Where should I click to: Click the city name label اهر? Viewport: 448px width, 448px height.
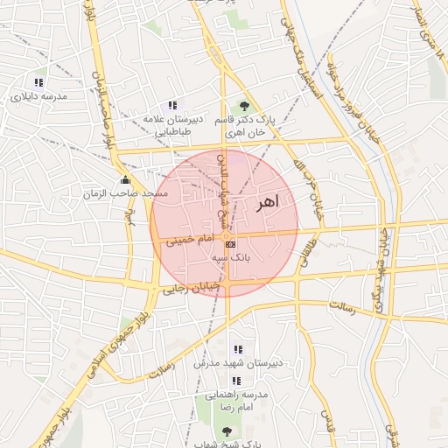coord(266,203)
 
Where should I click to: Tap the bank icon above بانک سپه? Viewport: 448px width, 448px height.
coord(230,245)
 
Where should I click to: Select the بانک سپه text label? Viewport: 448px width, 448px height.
coord(231,259)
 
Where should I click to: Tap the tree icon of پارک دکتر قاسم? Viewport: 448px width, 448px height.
coord(244,106)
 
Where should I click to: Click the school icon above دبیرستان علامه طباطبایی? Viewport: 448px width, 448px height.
coord(172,106)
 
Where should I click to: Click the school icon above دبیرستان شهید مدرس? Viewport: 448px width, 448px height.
coord(238,349)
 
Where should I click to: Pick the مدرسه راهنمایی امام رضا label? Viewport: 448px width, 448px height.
coord(248,402)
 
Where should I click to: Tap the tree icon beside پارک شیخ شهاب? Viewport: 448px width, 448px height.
coord(228,430)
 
